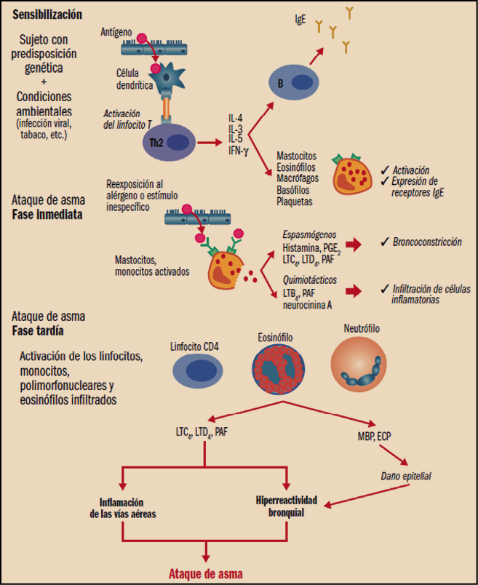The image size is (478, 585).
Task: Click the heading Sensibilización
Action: (x=47, y=14)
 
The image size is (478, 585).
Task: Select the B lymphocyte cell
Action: (x=293, y=83)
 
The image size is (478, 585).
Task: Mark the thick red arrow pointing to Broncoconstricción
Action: (x=354, y=244)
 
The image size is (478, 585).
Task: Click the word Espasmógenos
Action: (x=308, y=234)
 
